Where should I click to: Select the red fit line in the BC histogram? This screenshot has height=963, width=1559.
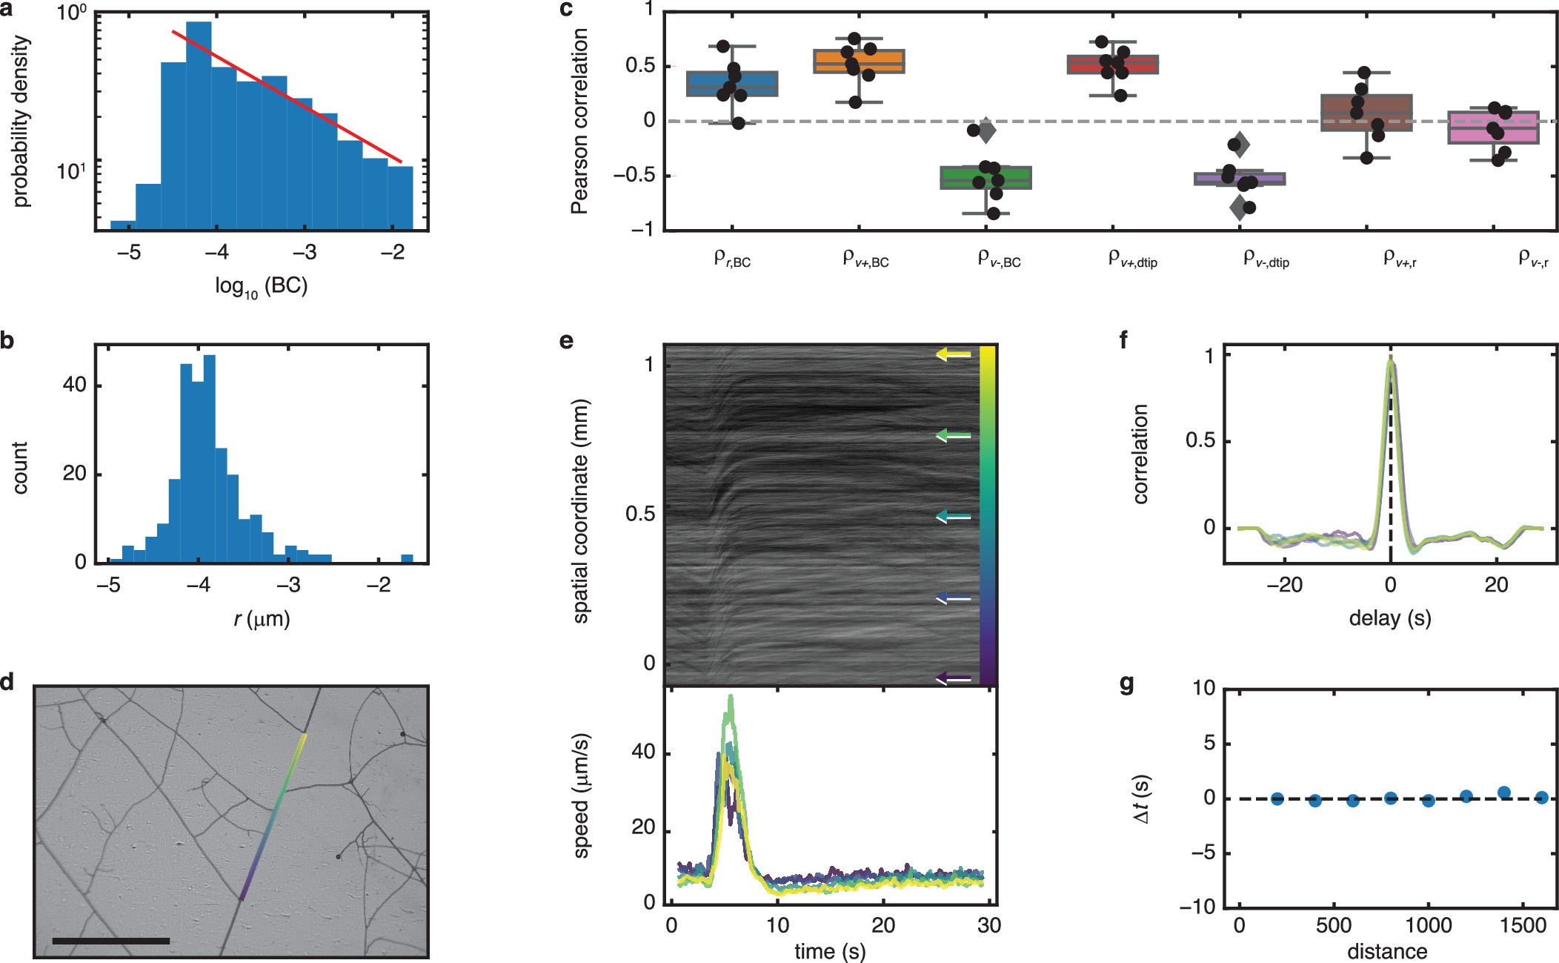click(x=289, y=96)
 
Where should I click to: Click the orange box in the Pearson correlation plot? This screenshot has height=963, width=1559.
click(x=859, y=62)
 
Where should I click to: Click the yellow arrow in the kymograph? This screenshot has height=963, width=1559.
click(x=953, y=354)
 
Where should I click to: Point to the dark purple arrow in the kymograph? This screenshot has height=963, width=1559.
click(x=953, y=677)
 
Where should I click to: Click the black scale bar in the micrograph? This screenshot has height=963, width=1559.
click(x=111, y=941)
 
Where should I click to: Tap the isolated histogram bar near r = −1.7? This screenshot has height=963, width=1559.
click(x=407, y=558)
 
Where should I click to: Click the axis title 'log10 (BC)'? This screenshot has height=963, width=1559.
click(x=261, y=286)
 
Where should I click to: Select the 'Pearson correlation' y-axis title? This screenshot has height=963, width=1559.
click(x=579, y=121)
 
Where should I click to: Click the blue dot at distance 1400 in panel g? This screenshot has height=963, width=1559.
click(x=1503, y=792)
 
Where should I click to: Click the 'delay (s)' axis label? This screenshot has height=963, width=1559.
click(x=1389, y=618)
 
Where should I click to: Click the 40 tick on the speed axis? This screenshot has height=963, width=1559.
click(x=643, y=752)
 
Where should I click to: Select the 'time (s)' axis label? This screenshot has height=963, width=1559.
click(x=830, y=951)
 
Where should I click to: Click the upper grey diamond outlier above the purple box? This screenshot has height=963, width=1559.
click(x=1240, y=145)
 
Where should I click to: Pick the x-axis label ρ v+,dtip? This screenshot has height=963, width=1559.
click(x=1132, y=259)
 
